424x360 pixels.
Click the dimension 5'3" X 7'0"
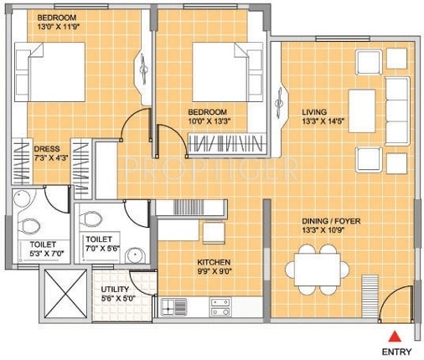coord(39,255)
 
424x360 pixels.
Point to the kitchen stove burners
coord(222,311)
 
